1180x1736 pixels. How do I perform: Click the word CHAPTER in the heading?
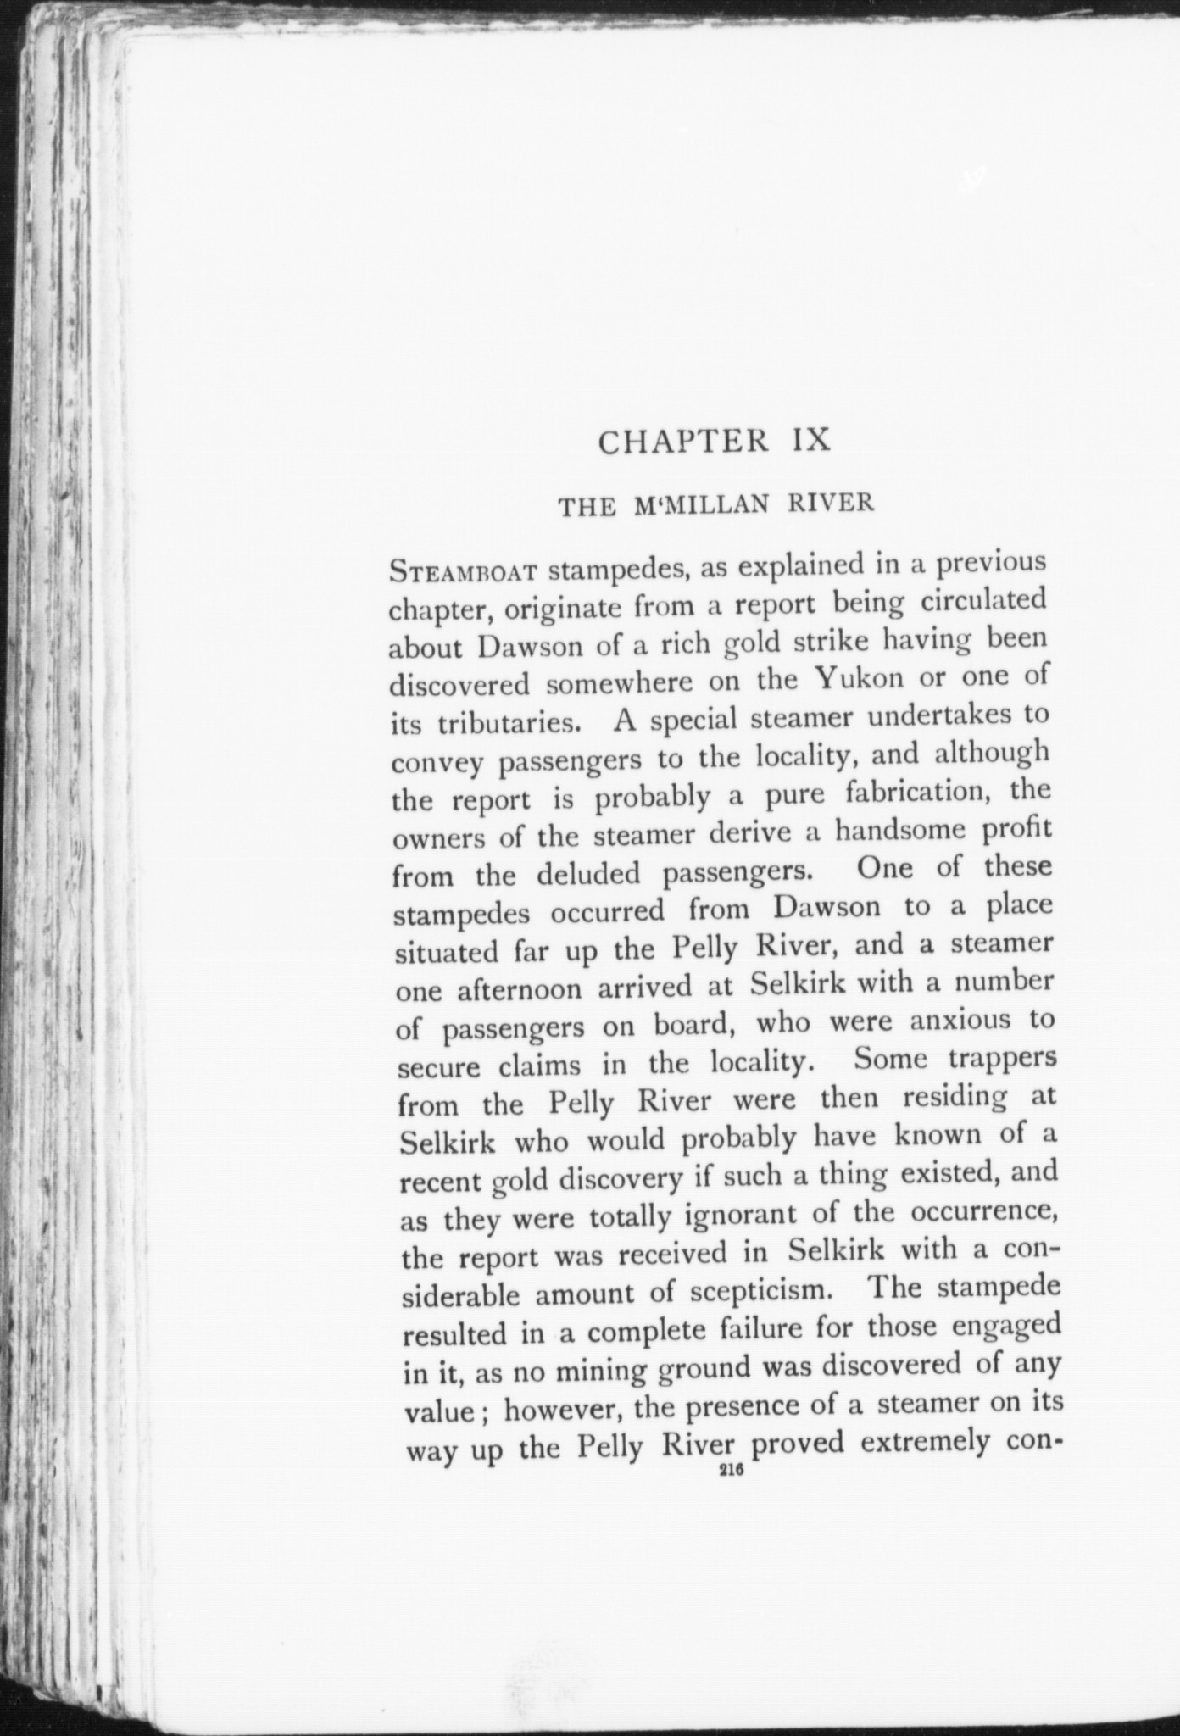[683, 442]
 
